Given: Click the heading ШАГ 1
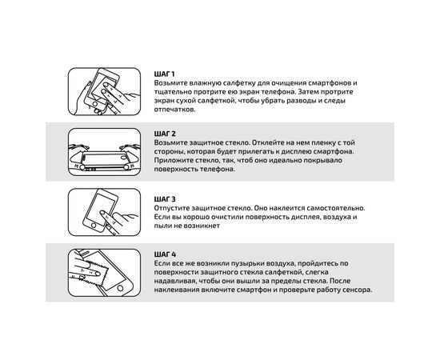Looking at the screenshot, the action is click(164, 74).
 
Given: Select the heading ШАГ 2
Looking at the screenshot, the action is click(165, 134).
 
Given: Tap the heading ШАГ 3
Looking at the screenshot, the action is click(165, 199).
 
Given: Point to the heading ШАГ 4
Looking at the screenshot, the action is click(165, 254).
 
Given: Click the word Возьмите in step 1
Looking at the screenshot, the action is click(170, 83).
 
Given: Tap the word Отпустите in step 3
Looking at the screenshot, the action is click(171, 208).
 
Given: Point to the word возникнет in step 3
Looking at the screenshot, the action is click(202, 226).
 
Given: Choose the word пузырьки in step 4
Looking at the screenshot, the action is click(247, 263).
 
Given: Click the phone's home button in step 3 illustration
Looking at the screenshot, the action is click(94, 226).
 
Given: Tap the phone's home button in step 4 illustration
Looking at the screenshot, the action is click(120, 288).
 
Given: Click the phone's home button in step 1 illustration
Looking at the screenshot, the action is click(95, 104).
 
